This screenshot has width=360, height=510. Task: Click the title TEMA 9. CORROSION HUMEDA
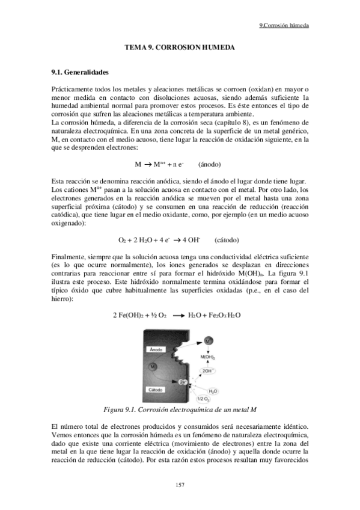point(179,47)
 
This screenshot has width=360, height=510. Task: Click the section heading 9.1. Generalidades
point(81,73)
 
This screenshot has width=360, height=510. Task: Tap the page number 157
point(180,485)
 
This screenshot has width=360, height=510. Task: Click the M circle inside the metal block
point(154,367)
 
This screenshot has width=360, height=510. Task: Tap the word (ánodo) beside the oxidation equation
point(210,164)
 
